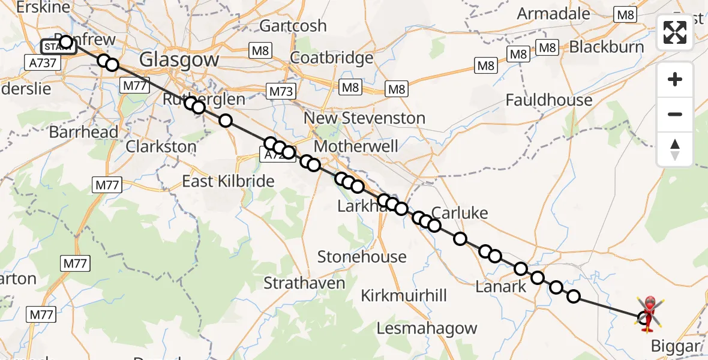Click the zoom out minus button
pyautogui.click(x=675, y=114)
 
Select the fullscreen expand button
pyautogui.click(x=675, y=32)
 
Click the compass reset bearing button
pyautogui.click(x=675, y=149)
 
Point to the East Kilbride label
pyautogui.click(x=228, y=181)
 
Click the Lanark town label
pyautogui.click(x=500, y=287)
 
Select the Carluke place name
pyautogui.click(x=460, y=213)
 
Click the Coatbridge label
pyautogui.click(x=332, y=58)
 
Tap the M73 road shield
pyautogui.click(x=281, y=91)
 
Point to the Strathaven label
pyautogui.click(x=304, y=283)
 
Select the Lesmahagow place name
pyautogui.click(x=427, y=328)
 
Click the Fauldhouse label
pyautogui.click(x=548, y=100)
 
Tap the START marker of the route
pyautogui.click(x=58, y=46)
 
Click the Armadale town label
pyautogui.click(x=553, y=13)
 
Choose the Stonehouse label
pyautogui.click(x=362, y=257)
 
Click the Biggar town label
pyautogui.click(x=675, y=346)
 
